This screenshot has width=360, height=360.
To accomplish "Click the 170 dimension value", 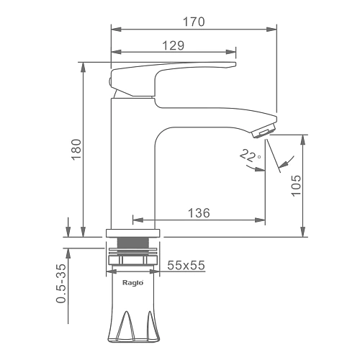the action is tap(194, 22).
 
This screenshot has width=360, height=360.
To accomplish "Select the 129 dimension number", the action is tap(174, 45).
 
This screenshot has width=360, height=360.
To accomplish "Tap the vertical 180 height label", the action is tap(76, 149).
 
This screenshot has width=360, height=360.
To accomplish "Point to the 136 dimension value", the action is tap(199, 213).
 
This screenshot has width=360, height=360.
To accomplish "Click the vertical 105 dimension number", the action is tap(296, 186).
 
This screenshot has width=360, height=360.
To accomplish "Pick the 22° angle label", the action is tap(250, 156).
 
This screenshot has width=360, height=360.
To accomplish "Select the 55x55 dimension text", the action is tap(186, 265).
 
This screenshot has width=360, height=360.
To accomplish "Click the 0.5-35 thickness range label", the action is tap(61, 283).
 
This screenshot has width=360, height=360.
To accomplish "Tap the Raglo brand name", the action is tap(133, 282).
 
